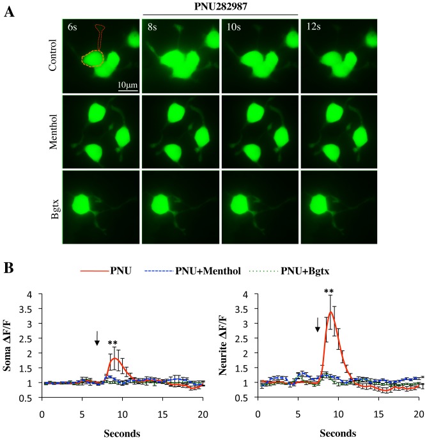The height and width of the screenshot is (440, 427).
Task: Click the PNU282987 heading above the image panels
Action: tap(221, 6)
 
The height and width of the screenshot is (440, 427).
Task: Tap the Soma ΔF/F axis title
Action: tap(10, 349)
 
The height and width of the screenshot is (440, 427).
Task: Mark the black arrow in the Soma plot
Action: tap(97, 338)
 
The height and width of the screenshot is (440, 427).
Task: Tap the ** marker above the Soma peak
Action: tap(113, 343)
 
